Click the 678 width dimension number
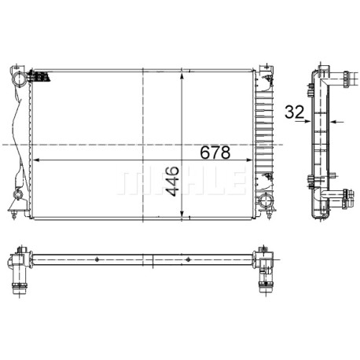[215, 152]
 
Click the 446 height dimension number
[173, 182]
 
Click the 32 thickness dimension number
[294, 112]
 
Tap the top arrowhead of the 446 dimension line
[182, 76]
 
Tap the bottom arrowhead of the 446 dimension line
[182, 214]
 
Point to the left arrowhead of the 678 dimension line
[36, 160]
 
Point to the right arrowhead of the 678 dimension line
[249, 160]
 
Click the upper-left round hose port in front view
[19, 79]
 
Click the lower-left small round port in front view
[18, 194]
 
